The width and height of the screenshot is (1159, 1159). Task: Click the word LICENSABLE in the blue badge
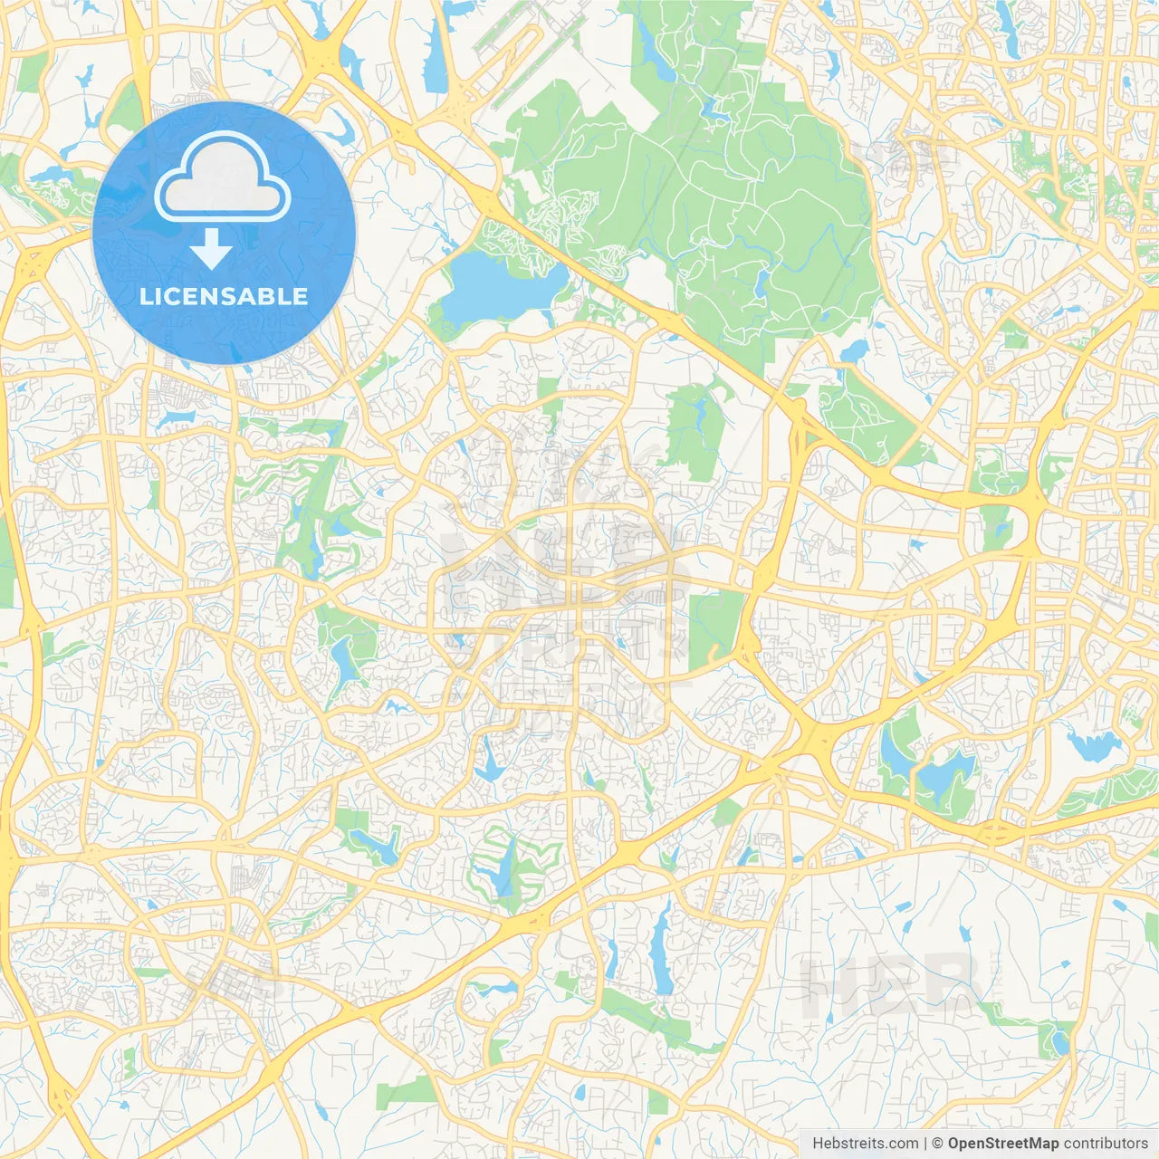pos(224,296)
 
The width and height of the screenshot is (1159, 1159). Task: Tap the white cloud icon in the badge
pos(222,178)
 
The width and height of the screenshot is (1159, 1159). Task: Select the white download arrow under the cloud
pos(212,249)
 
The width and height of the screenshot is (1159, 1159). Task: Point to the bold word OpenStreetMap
pos(1003,1144)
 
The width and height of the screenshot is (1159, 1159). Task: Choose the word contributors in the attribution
pos(1106,1144)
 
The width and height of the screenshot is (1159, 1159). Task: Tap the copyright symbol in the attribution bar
pos(938,1144)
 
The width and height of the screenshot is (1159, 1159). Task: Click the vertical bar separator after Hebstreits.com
pos(926,1144)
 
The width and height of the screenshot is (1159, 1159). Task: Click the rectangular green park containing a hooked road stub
pos(715,625)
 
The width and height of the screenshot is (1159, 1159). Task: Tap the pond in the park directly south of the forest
pos(697,412)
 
